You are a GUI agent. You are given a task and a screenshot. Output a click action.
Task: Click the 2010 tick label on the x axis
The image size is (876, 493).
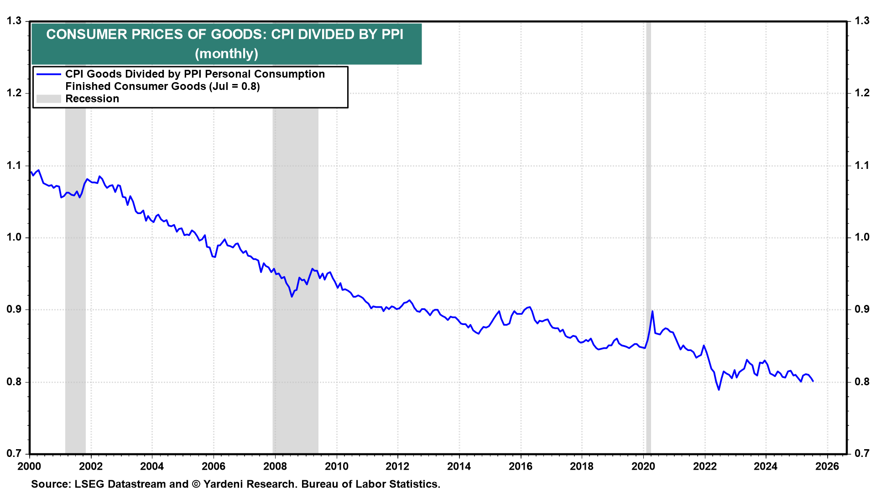[x=336, y=466]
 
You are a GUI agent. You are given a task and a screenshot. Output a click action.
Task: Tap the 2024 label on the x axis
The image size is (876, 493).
[x=766, y=466]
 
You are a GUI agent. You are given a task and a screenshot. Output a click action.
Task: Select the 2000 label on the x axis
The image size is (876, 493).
[x=29, y=466]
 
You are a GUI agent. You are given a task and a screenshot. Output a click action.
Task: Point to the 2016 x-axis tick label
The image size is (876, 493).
[x=521, y=466]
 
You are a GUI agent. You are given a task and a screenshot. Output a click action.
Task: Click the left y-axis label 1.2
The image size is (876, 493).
[x=14, y=93]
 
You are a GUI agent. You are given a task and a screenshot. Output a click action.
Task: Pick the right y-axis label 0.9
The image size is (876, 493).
[x=862, y=309]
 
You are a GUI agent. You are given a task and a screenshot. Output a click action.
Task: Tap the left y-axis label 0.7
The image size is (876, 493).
[x=14, y=453]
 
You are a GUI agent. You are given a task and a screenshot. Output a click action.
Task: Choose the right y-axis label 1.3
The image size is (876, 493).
[x=862, y=21]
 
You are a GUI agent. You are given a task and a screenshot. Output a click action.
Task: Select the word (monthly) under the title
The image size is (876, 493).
[x=226, y=54]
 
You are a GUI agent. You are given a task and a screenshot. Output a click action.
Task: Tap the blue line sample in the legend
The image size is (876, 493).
[x=48, y=74]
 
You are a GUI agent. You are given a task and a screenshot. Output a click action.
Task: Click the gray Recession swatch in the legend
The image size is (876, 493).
[x=48, y=99]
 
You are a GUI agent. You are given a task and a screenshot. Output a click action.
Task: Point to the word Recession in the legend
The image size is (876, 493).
[x=92, y=99]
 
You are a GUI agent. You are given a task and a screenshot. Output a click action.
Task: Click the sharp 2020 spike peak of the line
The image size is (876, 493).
[x=652, y=311]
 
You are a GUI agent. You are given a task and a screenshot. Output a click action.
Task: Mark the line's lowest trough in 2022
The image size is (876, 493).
[x=719, y=389]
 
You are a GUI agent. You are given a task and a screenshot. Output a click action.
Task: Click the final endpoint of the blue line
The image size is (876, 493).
[x=813, y=381]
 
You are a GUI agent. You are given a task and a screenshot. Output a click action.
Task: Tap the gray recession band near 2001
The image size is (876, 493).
[x=75, y=274]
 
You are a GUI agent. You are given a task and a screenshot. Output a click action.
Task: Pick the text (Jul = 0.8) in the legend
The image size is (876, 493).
[x=234, y=87]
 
